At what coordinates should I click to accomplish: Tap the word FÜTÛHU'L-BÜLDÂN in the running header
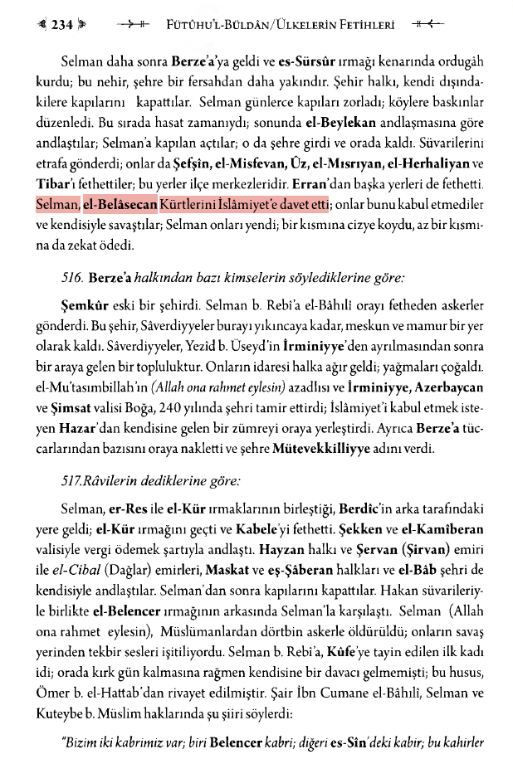tap(215, 25)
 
